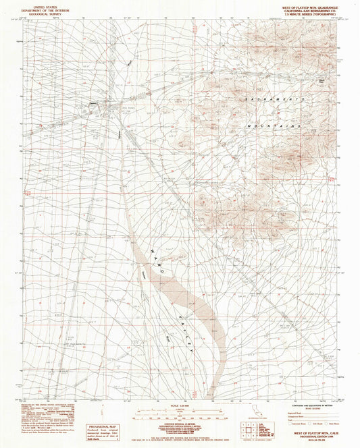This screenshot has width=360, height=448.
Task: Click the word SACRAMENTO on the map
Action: (273, 99)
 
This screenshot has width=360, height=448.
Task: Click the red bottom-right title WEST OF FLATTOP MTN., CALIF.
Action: (312, 432)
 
